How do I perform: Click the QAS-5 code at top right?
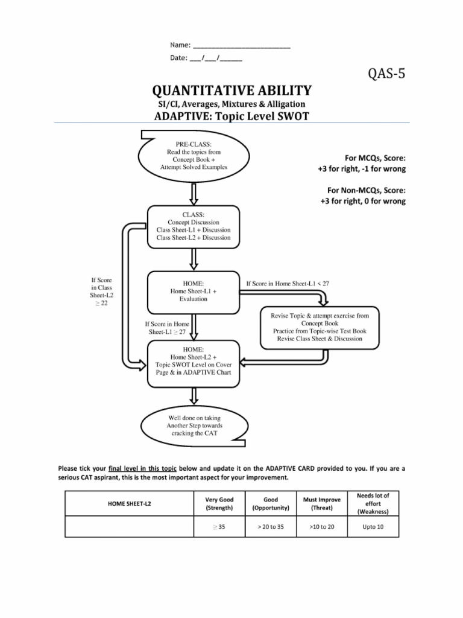[387, 75]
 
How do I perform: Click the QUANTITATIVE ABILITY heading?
[232, 91]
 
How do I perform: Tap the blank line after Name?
[241, 45]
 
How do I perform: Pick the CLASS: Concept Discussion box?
[194, 226]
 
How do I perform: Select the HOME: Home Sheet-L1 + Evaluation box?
[194, 291]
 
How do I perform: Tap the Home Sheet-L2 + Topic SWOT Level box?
[194, 364]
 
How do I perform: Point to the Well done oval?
[194, 425]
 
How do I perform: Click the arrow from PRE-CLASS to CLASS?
[194, 194]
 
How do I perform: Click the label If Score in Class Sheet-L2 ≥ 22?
[101, 291]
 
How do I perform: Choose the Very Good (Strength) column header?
[219, 503]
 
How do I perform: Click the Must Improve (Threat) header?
[322, 503]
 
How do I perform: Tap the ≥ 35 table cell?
[219, 526]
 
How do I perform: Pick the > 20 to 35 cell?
[271, 526]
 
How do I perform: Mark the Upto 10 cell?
[373, 526]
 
